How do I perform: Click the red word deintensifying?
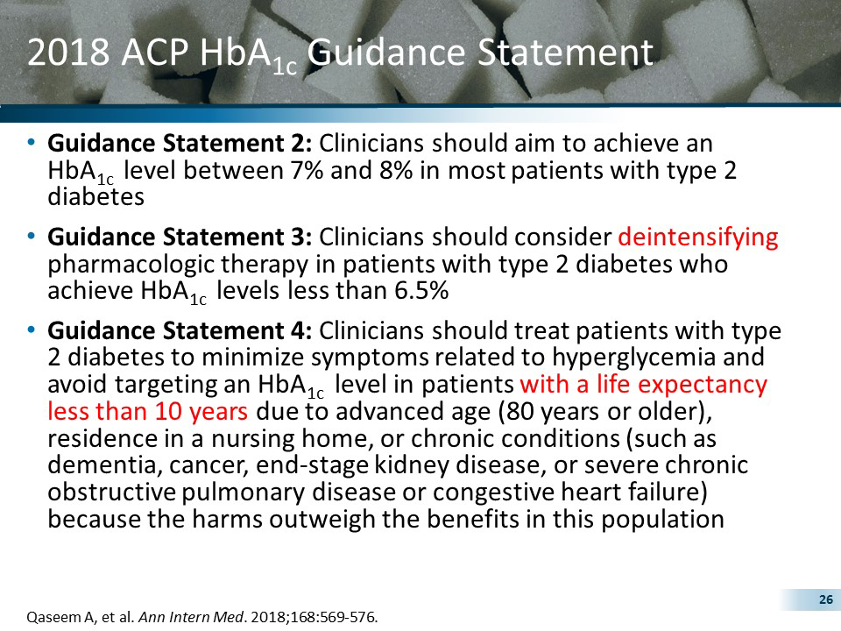point(698,238)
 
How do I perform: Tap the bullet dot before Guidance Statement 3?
point(32,237)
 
